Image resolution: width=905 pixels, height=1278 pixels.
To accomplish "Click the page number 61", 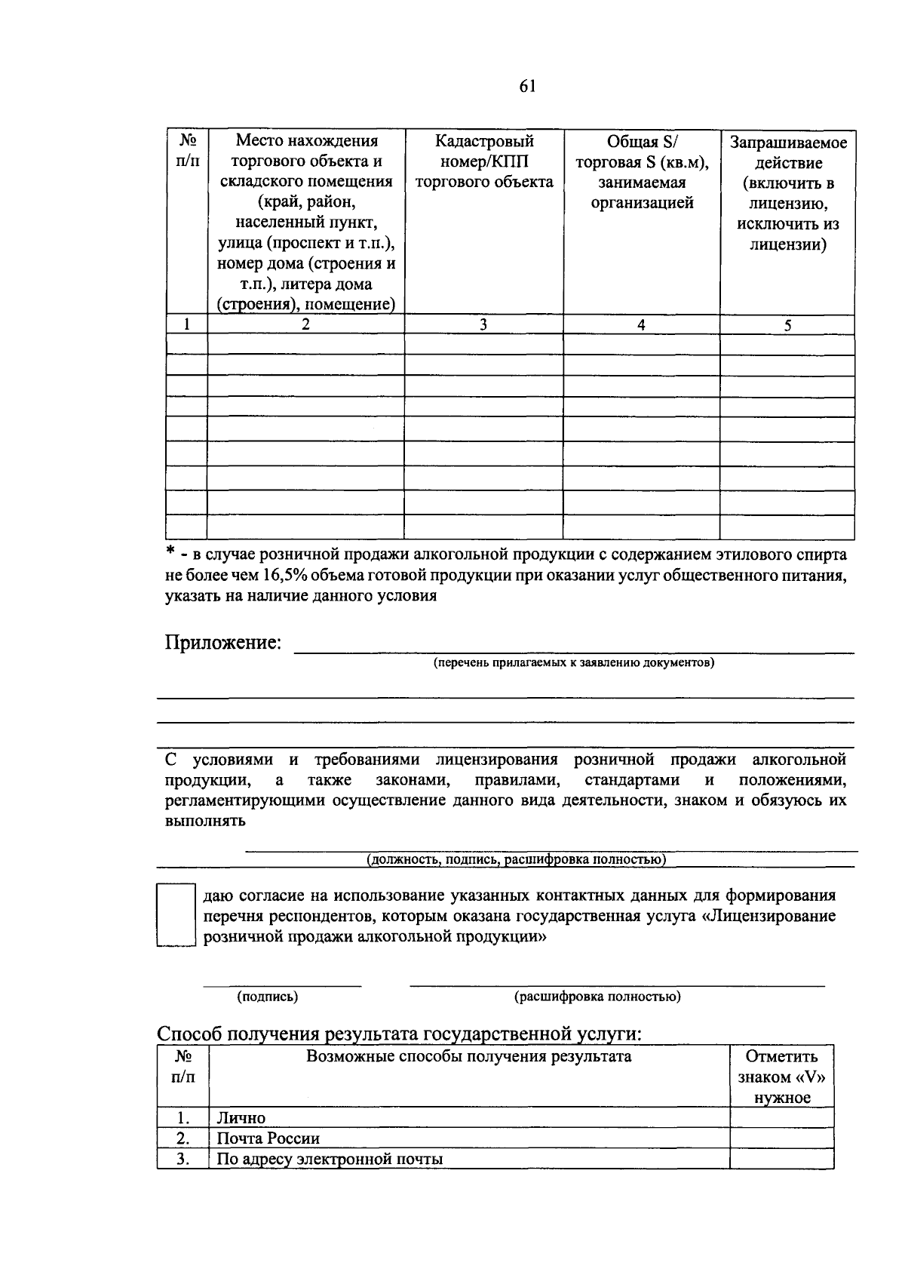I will [527, 86].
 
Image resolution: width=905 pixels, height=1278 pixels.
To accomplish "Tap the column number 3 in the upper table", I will [483, 324].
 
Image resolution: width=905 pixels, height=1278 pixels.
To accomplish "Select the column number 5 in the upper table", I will [787, 325].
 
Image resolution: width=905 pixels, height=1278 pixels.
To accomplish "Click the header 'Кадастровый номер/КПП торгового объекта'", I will [483, 161].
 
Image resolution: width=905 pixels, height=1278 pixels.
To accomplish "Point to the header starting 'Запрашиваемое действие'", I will [787, 193].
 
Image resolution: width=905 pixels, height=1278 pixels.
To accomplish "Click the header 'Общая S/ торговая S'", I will [641, 172].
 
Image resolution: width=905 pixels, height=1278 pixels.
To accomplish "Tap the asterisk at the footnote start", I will [171, 553].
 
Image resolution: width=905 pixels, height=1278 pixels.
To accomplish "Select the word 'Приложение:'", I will [223, 642].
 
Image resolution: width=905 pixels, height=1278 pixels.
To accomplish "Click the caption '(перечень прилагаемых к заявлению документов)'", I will [573, 662].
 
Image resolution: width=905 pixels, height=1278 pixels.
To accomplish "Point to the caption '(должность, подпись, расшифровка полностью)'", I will [516, 859].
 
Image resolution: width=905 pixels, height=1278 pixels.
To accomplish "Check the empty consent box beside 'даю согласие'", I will [175, 915].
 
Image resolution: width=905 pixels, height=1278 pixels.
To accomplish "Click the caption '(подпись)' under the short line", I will [268, 997].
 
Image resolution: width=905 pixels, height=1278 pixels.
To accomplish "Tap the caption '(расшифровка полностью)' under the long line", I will [597, 997].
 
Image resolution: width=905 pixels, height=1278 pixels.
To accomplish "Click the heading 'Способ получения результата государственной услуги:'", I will [400, 1034].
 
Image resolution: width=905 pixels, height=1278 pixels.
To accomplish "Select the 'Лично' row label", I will [241, 1118].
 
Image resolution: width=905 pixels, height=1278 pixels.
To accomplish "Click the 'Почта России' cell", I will [268, 1138].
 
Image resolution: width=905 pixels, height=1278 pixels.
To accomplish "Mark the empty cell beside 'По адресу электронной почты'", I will [781, 1159].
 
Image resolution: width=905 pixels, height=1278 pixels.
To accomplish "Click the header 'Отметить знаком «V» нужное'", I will [781, 1077].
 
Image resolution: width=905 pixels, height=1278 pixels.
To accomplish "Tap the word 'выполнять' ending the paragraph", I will [205, 821].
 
